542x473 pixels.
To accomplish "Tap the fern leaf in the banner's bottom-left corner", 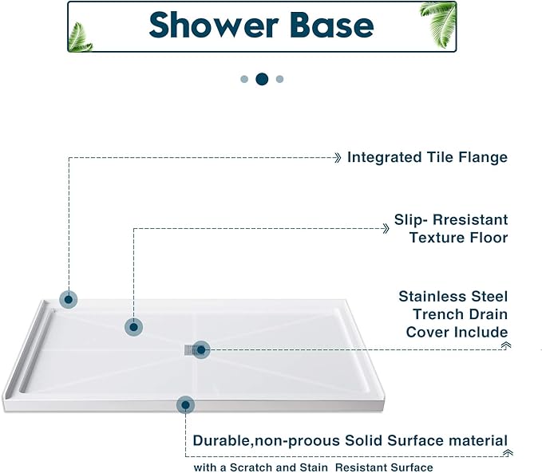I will (80, 36).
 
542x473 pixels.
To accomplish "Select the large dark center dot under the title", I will (261, 79).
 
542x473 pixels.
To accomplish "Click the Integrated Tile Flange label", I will (427, 157).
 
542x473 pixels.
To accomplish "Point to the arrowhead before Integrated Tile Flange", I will (338, 157).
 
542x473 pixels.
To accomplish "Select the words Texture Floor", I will (458, 238).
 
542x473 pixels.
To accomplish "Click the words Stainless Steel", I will (453, 297).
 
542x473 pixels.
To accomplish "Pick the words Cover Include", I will (457, 332).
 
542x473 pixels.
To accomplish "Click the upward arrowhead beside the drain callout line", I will (505, 345).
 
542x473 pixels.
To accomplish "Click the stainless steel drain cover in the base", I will (188, 349).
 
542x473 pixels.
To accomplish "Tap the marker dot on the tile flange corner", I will (69, 300).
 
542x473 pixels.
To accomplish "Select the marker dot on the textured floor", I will (133, 326).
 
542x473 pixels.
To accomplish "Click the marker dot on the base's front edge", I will (185, 405).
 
